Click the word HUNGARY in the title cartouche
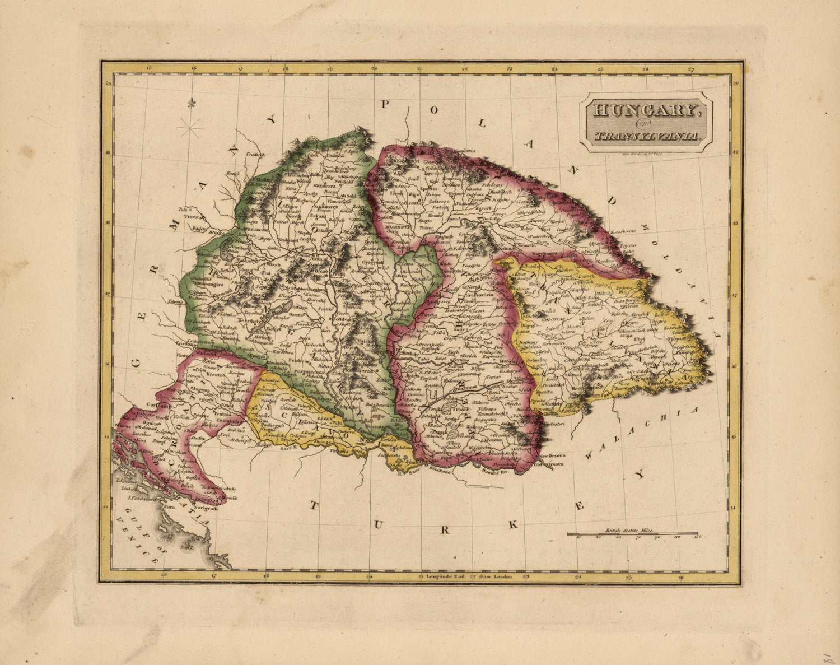[x=646, y=110]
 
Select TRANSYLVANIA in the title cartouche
[x=646, y=136]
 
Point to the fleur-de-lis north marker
[x=193, y=104]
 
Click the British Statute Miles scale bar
[x=633, y=534]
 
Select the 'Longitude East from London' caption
[x=465, y=576]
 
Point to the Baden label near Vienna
[x=198, y=228]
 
